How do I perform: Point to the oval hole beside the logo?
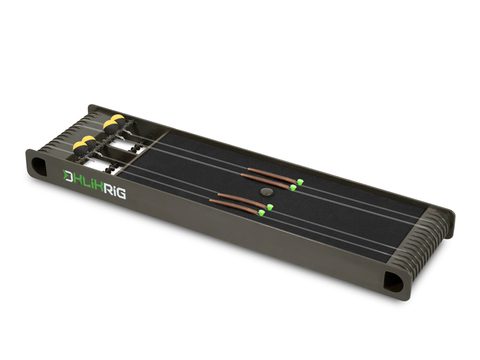[38, 163]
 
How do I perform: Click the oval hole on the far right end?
[395, 283]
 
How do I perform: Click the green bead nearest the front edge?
[261, 212]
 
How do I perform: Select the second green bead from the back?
[293, 187]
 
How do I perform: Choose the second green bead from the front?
[269, 206]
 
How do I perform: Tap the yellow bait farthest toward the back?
[118, 119]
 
